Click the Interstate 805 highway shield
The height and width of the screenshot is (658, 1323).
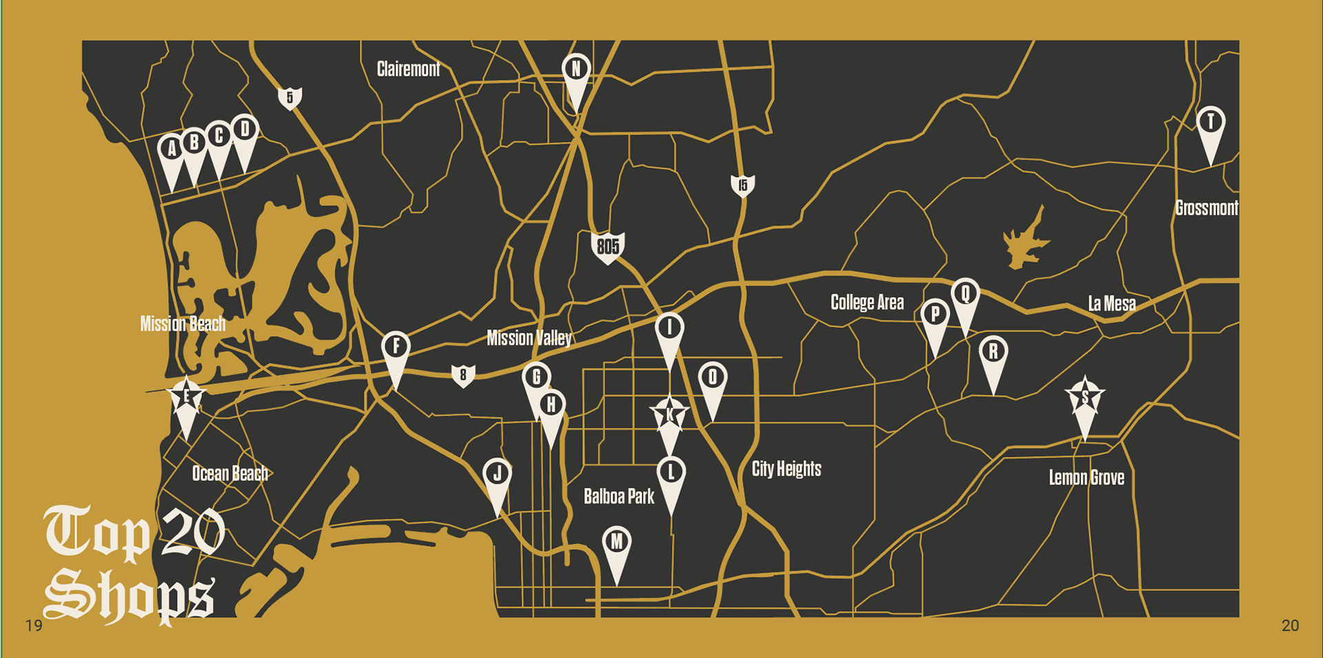coord(608,247)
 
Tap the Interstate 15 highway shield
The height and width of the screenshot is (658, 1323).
coord(742,185)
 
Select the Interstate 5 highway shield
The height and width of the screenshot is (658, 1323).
coord(290,98)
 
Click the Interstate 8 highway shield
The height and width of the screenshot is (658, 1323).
coord(463,375)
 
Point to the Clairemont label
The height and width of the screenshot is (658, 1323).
coord(408,69)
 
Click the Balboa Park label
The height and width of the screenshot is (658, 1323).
coord(619,496)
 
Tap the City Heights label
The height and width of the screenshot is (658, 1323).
coord(786,469)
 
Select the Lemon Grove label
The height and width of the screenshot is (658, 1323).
coord(1086,477)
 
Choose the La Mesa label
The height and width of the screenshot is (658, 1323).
coord(1111,303)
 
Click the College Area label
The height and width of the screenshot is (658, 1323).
coord(867,302)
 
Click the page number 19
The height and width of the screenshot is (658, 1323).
coord(34,626)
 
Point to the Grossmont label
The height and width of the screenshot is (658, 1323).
coord(1206,208)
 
